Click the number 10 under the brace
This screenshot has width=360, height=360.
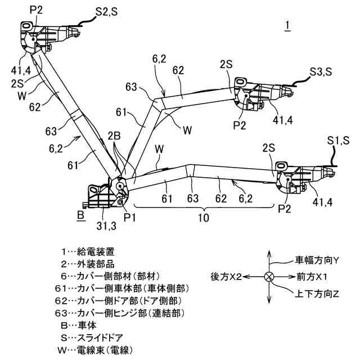pyautogui.click(x=204, y=217)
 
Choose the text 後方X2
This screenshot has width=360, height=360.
pyautogui.click(x=226, y=277)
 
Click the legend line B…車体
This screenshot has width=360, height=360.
pyautogui.click(x=85, y=325)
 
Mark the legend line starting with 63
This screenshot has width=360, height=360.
pyautogui.click(x=127, y=313)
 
